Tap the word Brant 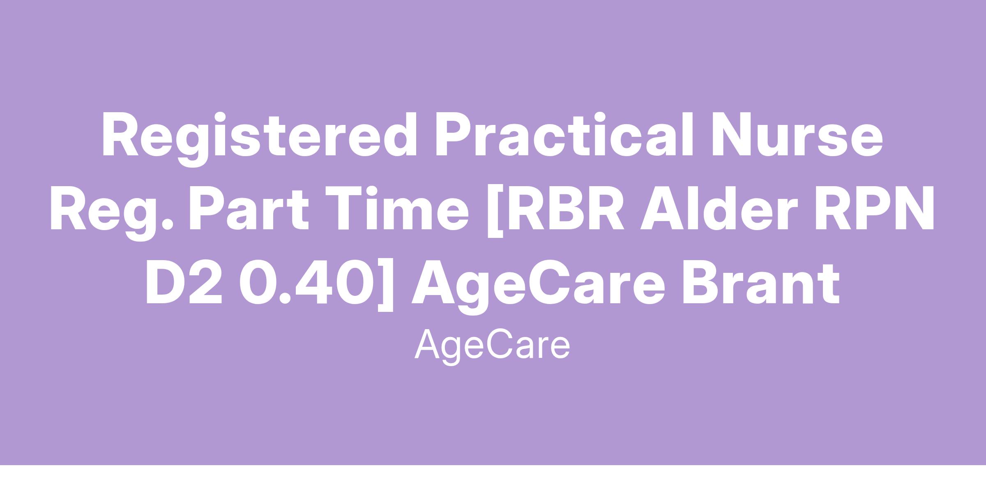tap(760, 283)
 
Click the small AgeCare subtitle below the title tap(492, 346)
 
